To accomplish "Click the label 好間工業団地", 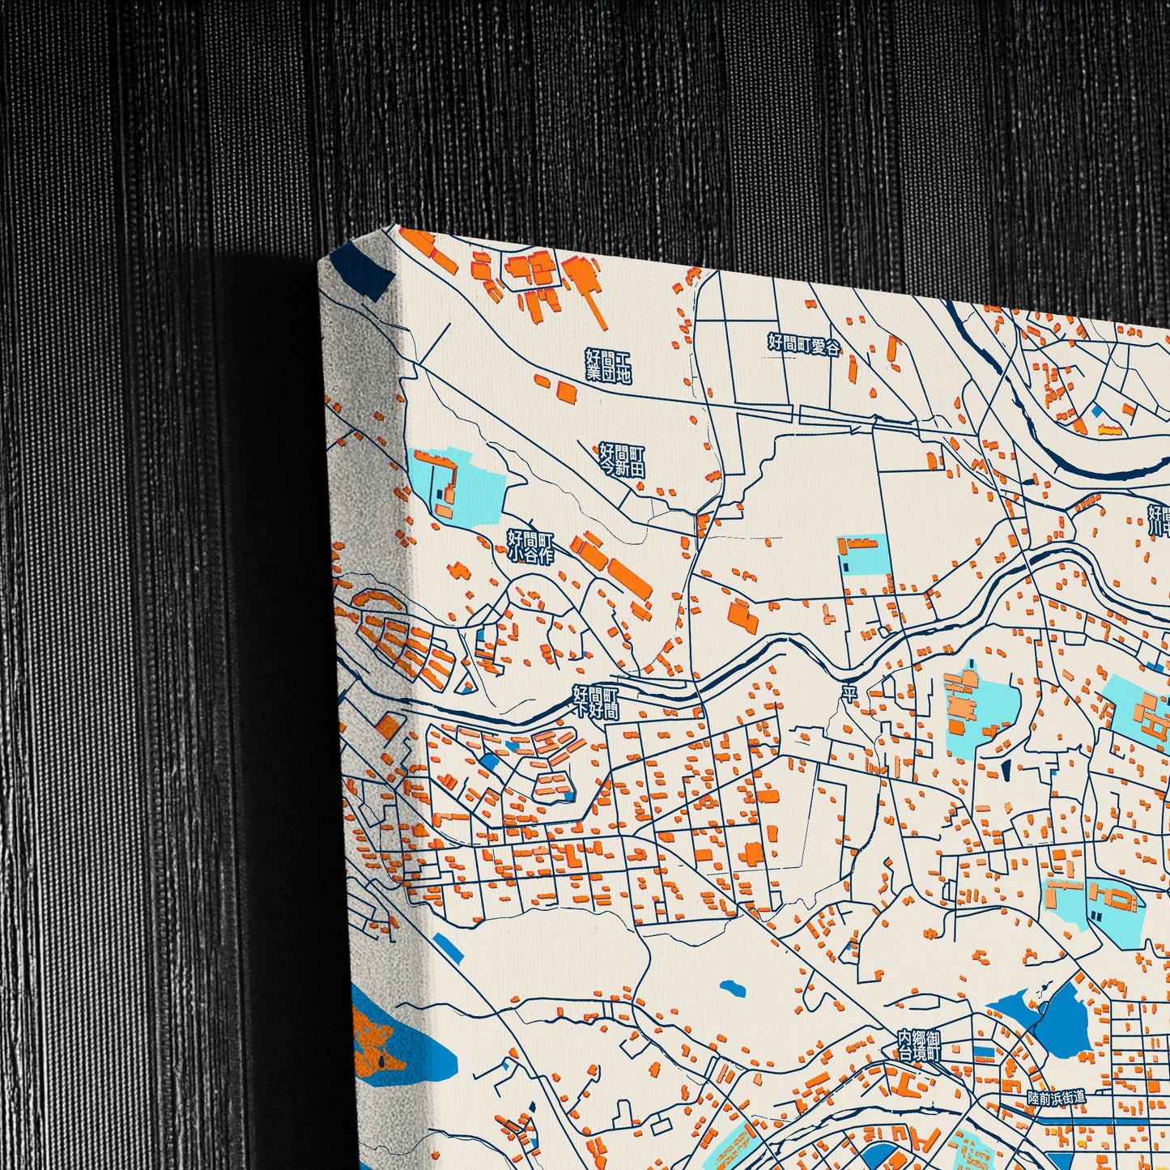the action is (608, 366).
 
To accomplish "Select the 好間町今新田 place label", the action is (622, 460).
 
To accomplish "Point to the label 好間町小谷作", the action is (530, 547).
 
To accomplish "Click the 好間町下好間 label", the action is (596, 702).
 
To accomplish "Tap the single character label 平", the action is (849, 694).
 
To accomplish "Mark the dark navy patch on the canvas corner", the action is (364, 271).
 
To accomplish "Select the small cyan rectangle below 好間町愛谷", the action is (864, 555).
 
